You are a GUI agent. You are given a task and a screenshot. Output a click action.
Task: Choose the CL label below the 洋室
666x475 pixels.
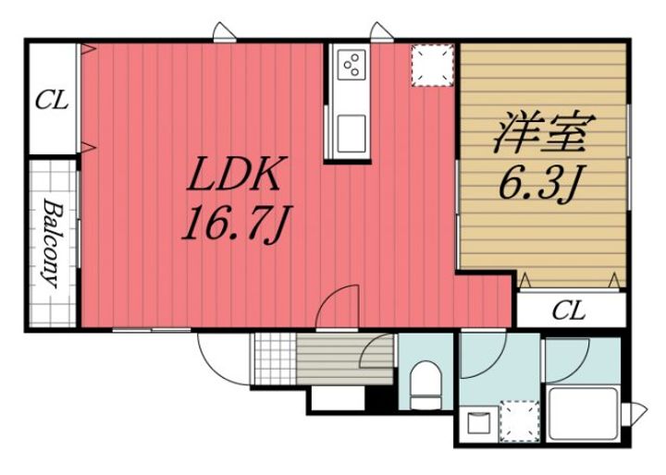569,311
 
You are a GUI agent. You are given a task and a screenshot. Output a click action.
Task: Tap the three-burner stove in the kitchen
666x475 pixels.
351,65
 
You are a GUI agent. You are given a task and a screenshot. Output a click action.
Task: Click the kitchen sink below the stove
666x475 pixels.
351,130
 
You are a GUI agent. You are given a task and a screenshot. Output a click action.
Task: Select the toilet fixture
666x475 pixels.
425,384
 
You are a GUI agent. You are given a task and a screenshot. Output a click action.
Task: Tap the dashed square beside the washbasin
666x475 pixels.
518,420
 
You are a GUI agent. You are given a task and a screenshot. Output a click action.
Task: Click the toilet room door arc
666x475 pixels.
379,356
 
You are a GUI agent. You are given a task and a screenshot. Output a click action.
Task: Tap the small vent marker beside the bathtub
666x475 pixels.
636,412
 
